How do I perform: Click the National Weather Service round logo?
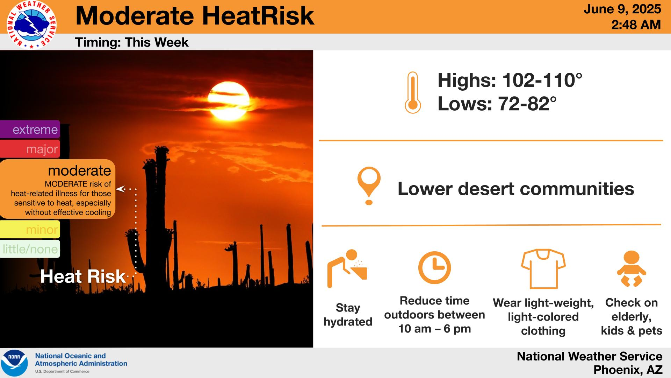(x=31, y=25)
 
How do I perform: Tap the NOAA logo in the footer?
(x=14, y=363)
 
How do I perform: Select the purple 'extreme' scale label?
(x=30, y=129)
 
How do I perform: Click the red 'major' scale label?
(x=30, y=149)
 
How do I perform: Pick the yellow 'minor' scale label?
(x=30, y=230)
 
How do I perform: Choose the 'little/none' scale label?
(x=30, y=249)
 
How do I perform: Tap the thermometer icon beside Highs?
(x=413, y=93)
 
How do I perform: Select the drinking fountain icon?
(x=347, y=268)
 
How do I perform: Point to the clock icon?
(x=434, y=268)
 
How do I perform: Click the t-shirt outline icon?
(x=543, y=269)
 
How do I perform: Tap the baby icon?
(x=632, y=269)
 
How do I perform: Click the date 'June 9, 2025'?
(x=622, y=9)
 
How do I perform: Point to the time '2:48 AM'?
(x=636, y=25)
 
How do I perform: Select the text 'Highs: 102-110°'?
(x=510, y=80)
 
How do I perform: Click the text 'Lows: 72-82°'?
(x=497, y=104)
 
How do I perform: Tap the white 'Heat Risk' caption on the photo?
(x=83, y=276)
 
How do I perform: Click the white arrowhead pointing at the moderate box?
(x=120, y=189)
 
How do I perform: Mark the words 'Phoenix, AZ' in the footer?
(x=628, y=370)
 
